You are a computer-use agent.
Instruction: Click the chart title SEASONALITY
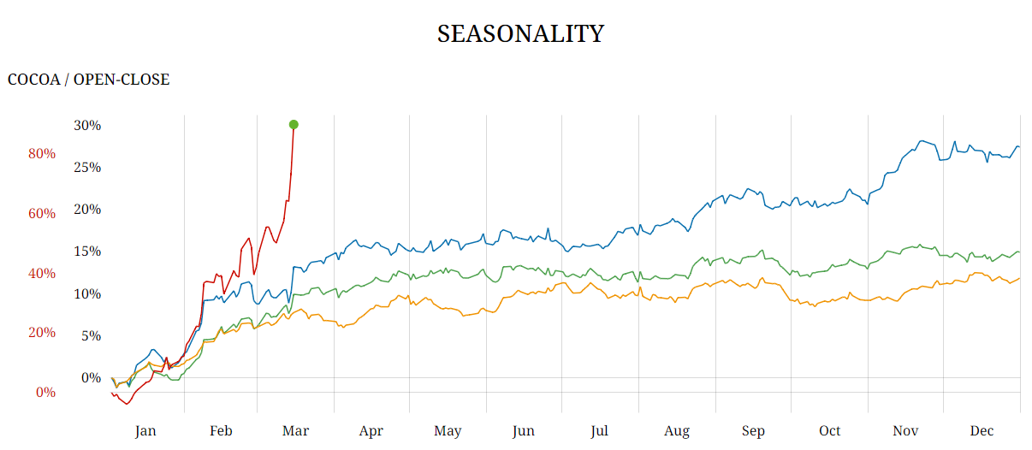coord(520,34)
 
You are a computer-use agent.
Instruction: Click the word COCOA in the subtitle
coord(33,80)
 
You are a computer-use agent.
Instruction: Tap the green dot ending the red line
coord(294,125)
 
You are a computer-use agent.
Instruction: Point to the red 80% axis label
coord(42,154)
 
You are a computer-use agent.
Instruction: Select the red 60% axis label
coord(42,213)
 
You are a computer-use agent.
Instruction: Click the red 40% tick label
coord(42,273)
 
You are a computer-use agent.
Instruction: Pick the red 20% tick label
coord(42,332)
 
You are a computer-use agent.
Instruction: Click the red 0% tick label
coord(45,392)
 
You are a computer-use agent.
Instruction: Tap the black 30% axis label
coord(87,126)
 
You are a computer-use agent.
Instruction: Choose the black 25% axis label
coord(87,168)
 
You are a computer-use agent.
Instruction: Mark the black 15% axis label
coord(87,252)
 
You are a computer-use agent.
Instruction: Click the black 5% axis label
coord(91,335)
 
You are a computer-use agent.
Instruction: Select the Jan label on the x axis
coord(145,431)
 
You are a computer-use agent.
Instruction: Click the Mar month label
coord(295,431)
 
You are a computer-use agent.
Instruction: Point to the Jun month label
coord(524,431)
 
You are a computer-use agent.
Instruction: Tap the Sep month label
coord(753,431)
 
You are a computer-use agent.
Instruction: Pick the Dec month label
coord(982,431)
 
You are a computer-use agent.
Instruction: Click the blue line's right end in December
coord(1018,147)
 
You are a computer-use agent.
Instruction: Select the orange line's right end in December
coord(1018,278)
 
